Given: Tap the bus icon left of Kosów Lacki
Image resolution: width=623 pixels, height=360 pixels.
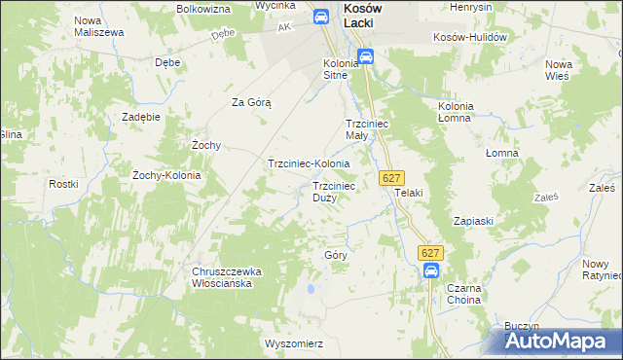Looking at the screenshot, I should tap(320, 17).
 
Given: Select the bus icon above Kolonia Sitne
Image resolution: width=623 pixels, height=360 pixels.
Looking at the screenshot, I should tap(365, 57).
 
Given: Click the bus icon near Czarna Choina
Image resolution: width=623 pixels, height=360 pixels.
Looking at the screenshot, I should tap(431, 271).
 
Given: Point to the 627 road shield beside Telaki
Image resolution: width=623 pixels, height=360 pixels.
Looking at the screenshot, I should tap(391, 178).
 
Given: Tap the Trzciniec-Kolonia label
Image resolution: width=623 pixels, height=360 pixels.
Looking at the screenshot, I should tap(309, 163).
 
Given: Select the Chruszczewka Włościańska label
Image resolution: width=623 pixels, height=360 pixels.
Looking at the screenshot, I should tap(223, 277).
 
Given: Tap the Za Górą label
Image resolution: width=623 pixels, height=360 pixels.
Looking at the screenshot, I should tap(250, 102).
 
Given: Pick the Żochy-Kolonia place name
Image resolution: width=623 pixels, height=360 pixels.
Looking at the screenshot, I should tap(166, 175).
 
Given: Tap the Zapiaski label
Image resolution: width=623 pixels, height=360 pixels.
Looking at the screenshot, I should tap(472, 221).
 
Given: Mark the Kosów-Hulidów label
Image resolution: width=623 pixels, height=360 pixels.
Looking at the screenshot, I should tap(471, 37).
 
